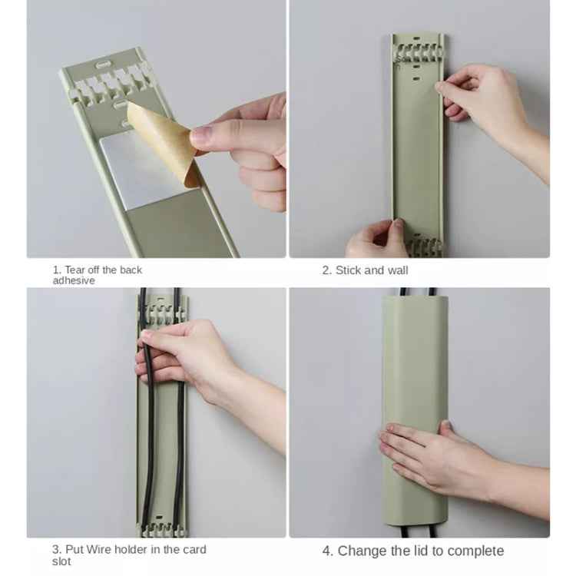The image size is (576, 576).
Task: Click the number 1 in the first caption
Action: click(x=56, y=270)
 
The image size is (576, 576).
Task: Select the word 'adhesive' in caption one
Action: click(x=74, y=281)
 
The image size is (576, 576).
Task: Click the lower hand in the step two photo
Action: click(x=376, y=240)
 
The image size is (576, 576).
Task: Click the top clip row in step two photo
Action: click(x=417, y=55)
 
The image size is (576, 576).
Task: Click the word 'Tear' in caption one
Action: click(x=75, y=270)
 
